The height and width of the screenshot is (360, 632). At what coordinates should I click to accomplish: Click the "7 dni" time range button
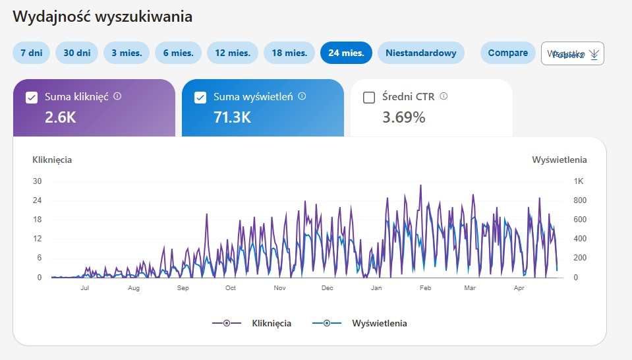pyautogui.click(x=31, y=53)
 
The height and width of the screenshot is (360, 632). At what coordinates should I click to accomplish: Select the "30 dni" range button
pyautogui.click(x=76, y=53)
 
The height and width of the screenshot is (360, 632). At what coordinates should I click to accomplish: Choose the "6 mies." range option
pyautogui.click(x=178, y=53)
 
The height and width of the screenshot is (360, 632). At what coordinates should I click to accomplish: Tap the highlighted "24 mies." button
pyautogui.click(x=346, y=53)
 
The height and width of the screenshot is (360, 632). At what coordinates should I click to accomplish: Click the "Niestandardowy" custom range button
pyautogui.click(x=420, y=53)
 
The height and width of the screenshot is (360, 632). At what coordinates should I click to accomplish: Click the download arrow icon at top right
pyautogui.click(x=594, y=54)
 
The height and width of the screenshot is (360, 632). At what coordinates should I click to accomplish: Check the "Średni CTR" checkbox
pyautogui.click(x=369, y=98)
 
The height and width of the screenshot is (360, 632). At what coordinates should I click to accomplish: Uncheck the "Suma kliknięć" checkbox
pyautogui.click(x=31, y=98)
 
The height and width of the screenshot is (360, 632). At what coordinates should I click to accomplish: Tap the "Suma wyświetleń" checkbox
pyautogui.click(x=200, y=98)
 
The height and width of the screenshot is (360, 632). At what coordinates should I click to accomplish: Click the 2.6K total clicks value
pyautogui.click(x=61, y=117)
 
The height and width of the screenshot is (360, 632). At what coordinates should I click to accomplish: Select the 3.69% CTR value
pyautogui.click(x=403, y=117)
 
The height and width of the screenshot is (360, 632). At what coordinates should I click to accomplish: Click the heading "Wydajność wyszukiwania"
pyautogui.click(x=103, y=17)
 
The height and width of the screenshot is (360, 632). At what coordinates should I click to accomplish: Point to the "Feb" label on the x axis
pyautogui.click(x=425, y=288)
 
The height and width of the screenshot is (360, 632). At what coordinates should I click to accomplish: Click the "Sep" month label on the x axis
pyautogui.click(x=183, y=288)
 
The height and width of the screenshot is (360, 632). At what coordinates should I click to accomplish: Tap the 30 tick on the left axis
pyautogui.click(x=38, y=181)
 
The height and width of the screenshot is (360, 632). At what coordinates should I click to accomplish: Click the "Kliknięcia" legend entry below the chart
pyautogui.click(x=271, y=323)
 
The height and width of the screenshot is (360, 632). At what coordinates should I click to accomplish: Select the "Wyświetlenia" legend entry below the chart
pyautogui.click(x=379, y=323)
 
